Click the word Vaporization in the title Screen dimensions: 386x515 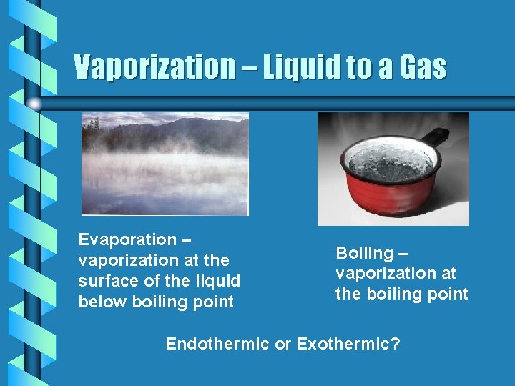coord(154,67)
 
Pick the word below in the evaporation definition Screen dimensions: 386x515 coord(102,302)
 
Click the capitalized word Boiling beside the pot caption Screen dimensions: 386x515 coord(364,253)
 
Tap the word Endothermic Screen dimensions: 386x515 coord(217,344)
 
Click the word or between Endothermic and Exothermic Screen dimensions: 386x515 coord(283,344)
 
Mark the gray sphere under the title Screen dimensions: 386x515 coord(35,104)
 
